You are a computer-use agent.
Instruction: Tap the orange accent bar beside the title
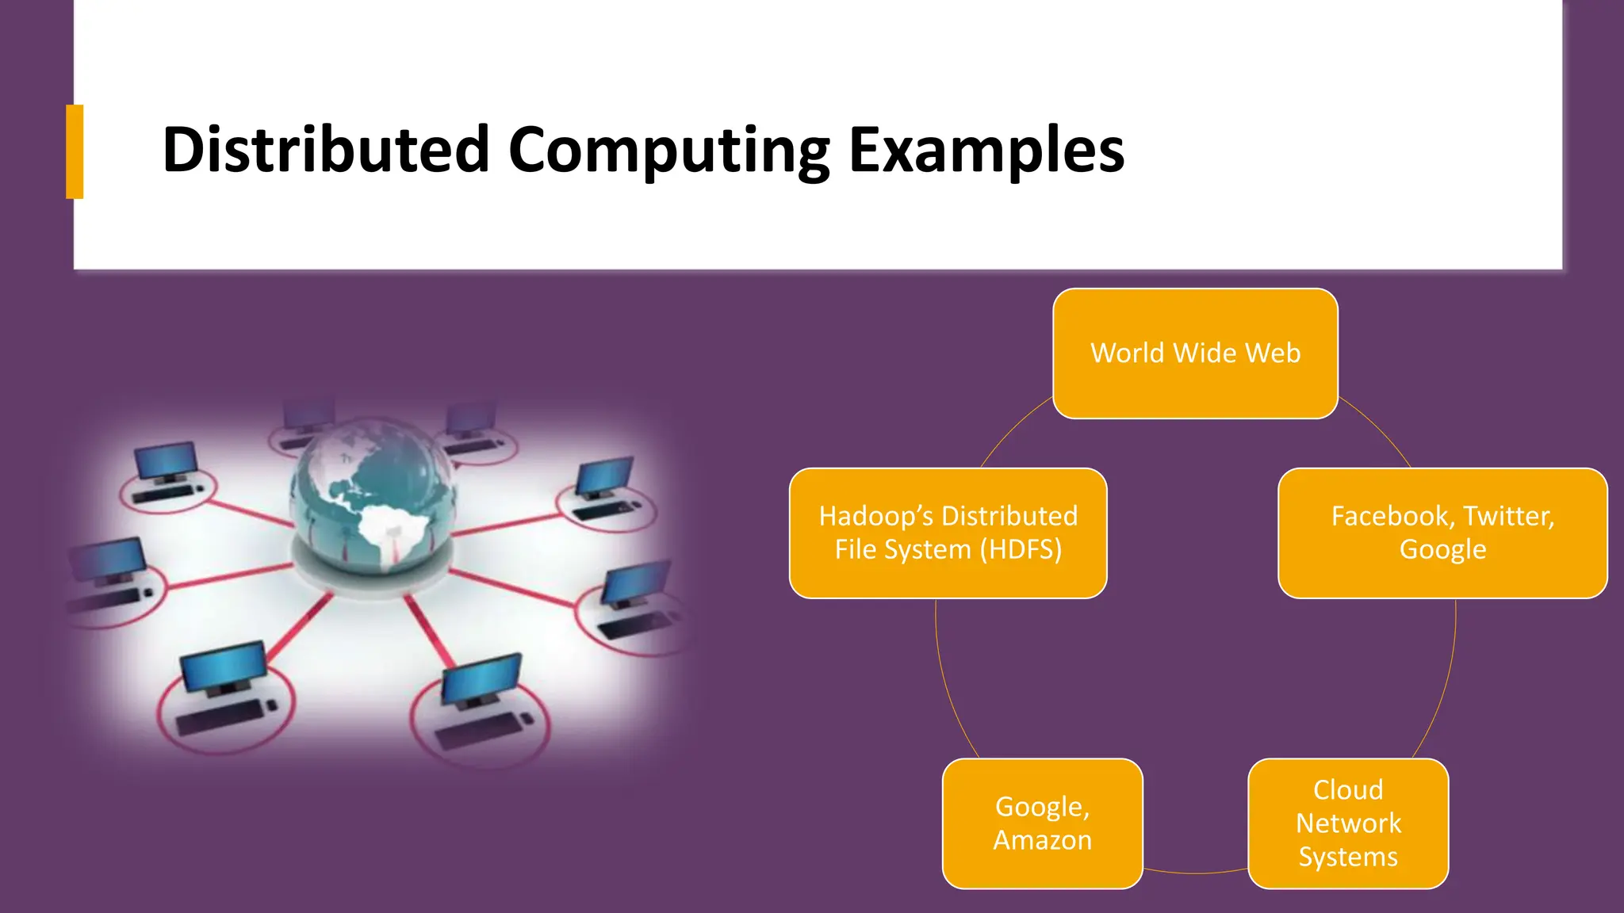pos(75,151)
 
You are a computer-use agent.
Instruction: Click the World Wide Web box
pos(1195,353)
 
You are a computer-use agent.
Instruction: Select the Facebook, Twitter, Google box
pos(1442,533)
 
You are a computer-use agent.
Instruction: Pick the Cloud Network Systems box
pos(1348,823)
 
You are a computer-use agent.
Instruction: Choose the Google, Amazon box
pos(1042,823)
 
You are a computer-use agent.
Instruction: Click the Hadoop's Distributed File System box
pos(948,533)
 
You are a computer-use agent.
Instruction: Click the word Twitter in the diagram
pos(1507,516)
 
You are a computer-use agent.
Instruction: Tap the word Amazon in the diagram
pos(1042,840)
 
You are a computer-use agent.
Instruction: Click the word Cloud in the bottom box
pos(1348,789)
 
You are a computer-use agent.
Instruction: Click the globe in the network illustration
pos(373,495)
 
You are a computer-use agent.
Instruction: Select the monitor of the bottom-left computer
pos(223,664)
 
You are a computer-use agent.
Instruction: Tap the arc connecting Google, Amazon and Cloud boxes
pos(1195,873)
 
